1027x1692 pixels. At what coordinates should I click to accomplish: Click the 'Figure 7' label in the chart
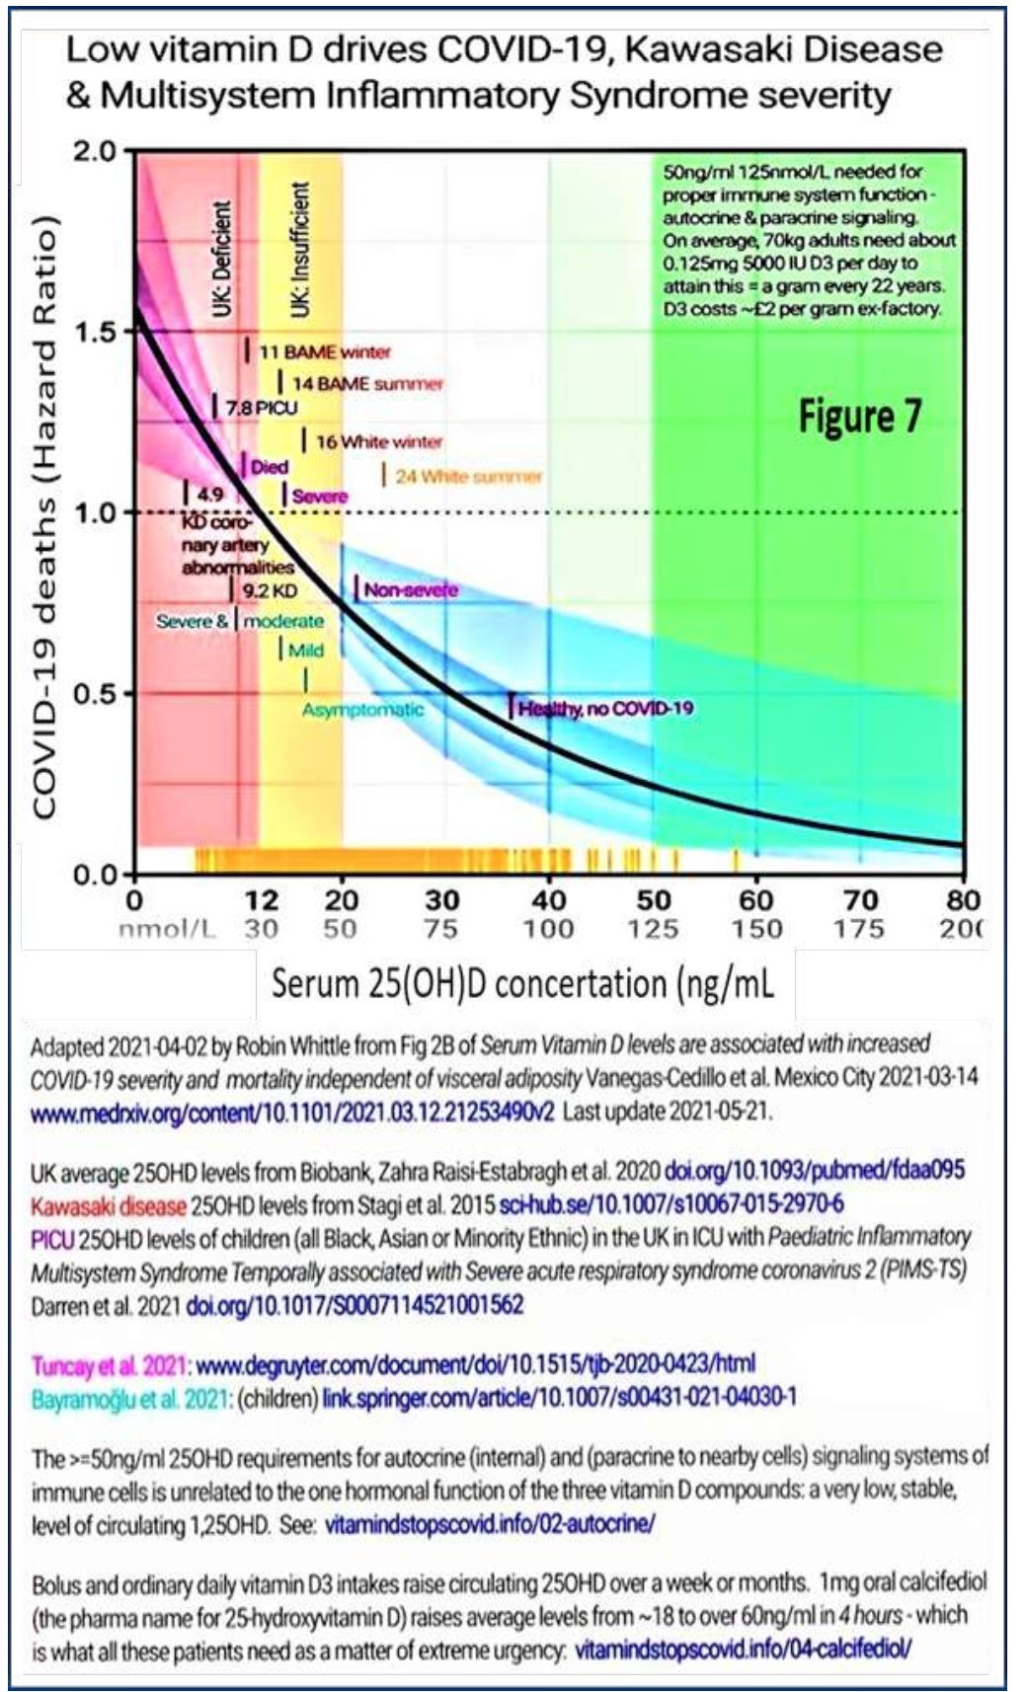[x=859, y=416]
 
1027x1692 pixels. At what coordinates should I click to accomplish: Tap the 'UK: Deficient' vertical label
[x=222, y=259]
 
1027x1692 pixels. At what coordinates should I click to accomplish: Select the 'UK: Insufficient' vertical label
[x=300, y=250]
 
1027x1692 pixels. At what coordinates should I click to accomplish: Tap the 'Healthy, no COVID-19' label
[x=604, y=708]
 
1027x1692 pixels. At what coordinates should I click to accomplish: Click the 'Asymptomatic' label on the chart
[x=362, y=710]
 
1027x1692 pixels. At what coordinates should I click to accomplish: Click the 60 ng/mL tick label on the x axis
[x=756, y=899]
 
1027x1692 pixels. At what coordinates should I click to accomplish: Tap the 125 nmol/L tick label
[x=653, y=929]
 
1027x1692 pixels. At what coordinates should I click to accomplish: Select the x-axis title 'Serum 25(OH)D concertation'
[x=522, y=983]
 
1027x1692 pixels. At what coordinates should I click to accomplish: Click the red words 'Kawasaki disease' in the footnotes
[x=108, y=1205]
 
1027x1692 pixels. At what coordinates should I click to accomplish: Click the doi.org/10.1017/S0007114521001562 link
[x=355, y=1305]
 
